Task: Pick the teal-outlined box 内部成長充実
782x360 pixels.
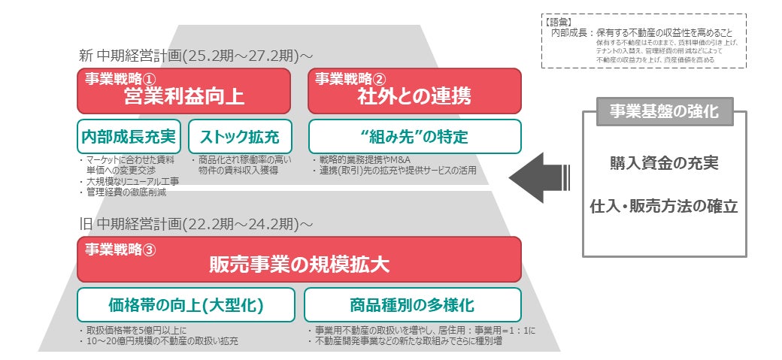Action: click(127, 137)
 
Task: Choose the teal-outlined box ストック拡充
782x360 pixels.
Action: click(240, 137)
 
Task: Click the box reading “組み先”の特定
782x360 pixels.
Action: click(414, 137)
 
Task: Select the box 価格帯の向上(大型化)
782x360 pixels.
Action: click(186, 305)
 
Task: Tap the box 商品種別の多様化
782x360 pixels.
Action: click(412, 305)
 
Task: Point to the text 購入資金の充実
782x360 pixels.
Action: click(663, 162)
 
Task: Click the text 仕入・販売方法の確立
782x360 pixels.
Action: click(663, 204)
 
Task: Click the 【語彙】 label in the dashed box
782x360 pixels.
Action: click(561, 22)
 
